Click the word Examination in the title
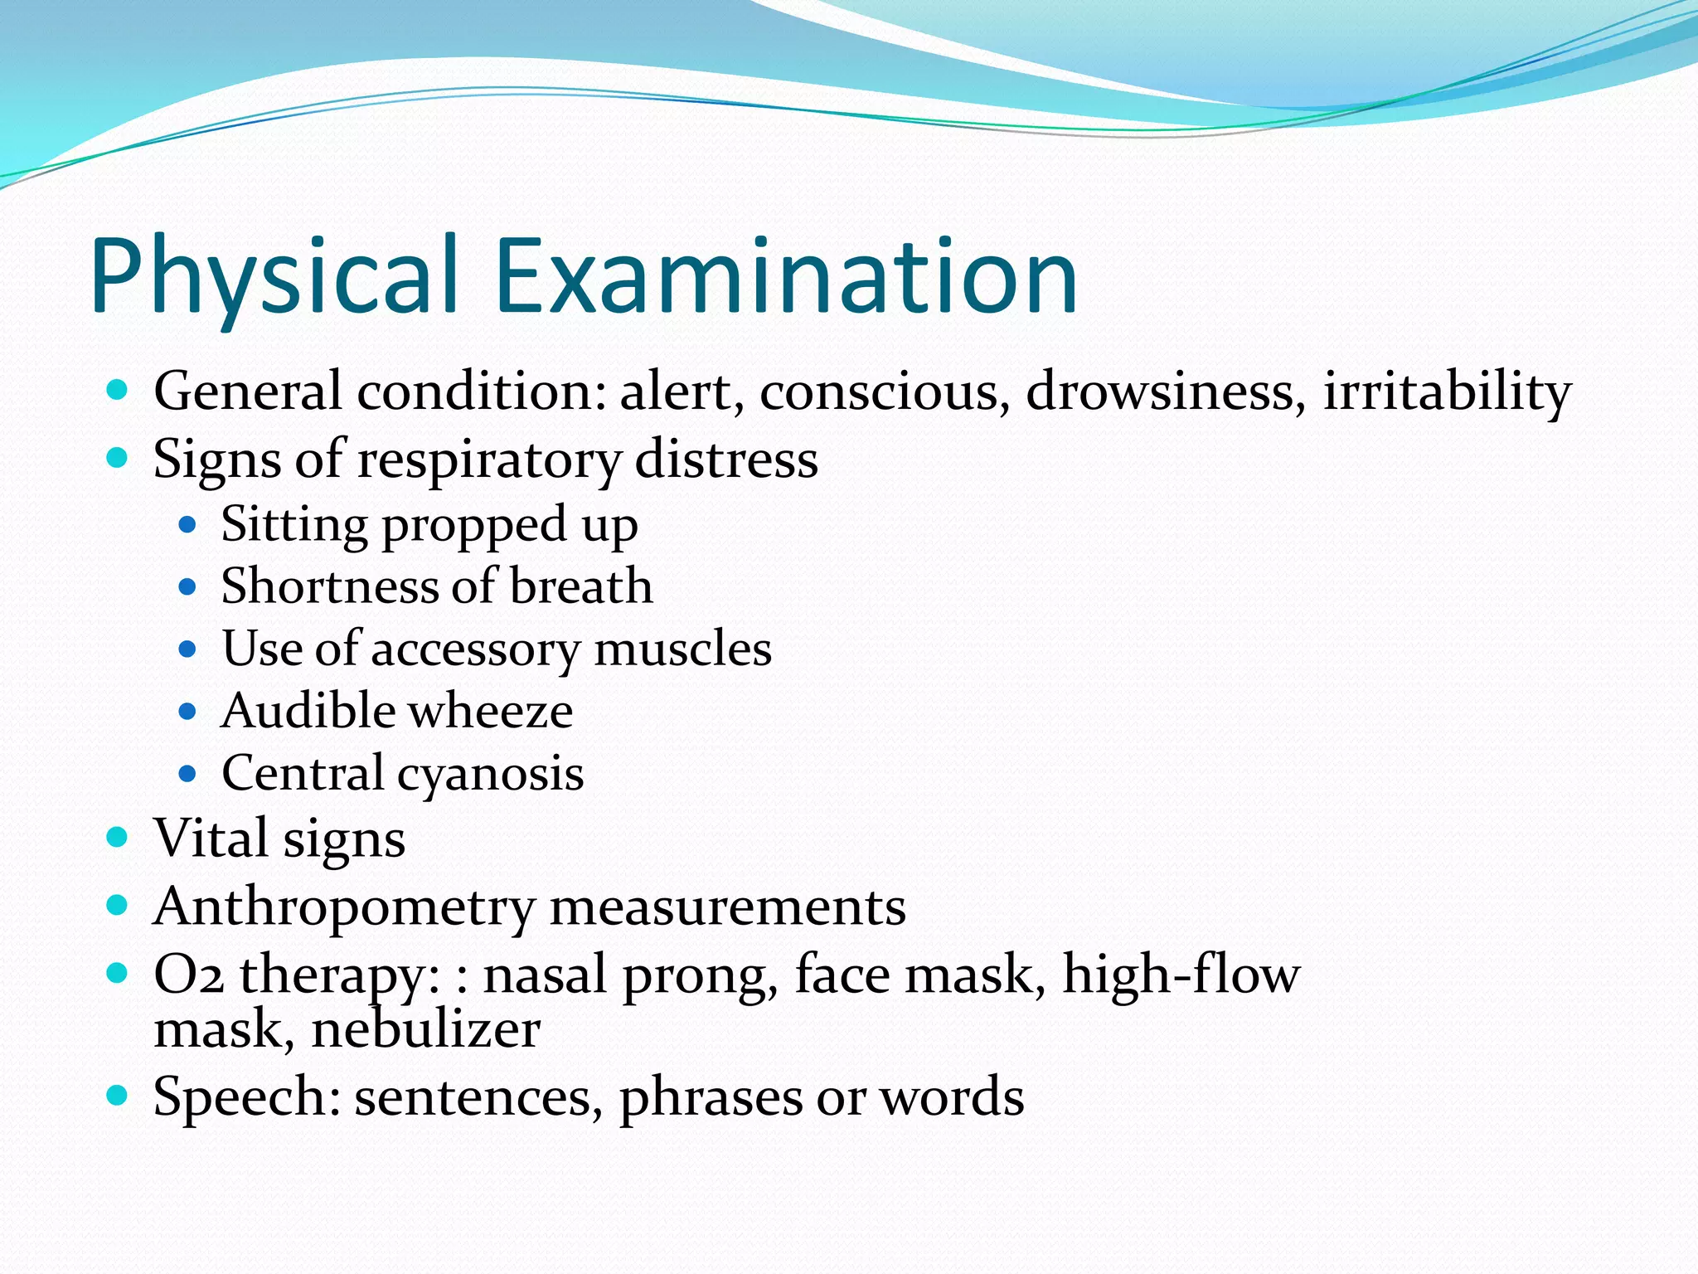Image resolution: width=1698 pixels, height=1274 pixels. (x=786, y=275)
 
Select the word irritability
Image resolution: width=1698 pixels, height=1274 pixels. (x=1447, y=391)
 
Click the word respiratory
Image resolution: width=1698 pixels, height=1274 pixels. (x=488, y=461)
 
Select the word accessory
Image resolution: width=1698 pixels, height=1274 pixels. (x=475, y=650)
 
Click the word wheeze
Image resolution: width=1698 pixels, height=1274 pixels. (x=490, y=711)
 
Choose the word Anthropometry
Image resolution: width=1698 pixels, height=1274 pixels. (x=344, y=907)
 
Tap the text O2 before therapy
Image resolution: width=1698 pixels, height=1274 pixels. (x=189, y=975)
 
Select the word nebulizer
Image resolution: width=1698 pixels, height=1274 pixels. (x=426, y=1030)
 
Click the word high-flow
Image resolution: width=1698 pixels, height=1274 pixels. (x=1181, y=974)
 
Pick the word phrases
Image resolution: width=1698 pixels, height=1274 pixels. (x=711, y=1098)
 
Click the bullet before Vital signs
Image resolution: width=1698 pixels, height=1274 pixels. (x=118, y=836)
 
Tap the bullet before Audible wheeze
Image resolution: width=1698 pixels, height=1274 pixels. (x=187, y=711)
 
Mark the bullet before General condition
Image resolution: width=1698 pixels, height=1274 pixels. (x=118, y=388)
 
